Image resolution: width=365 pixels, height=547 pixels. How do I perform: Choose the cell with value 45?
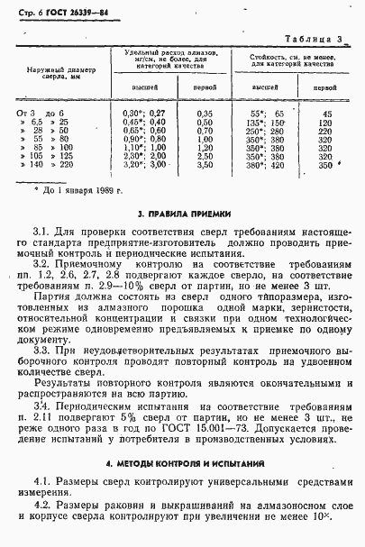tap(325, 114)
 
